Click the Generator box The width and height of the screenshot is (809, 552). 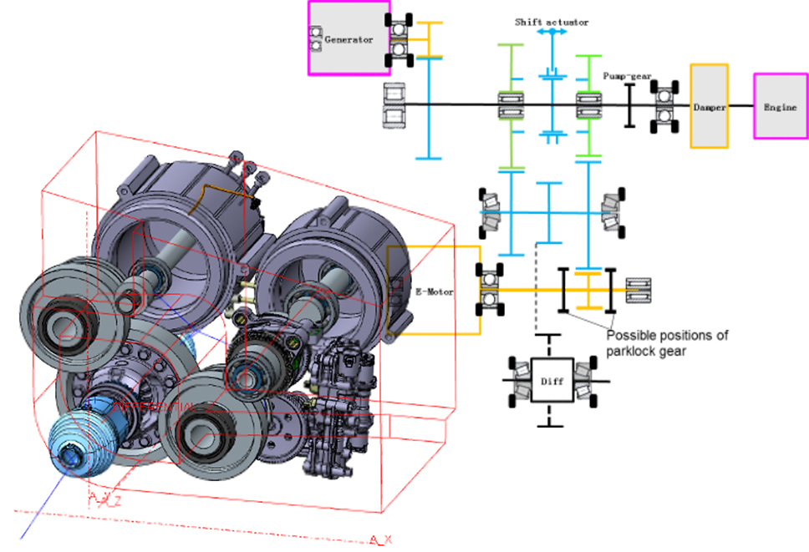(x=348, y=39)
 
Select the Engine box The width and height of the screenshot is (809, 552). (x=780, y=107)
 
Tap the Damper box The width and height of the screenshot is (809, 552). (x=709, y=107)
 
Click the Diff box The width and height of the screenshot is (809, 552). (x=551, y=382)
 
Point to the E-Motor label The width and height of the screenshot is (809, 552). (x=432, y=292)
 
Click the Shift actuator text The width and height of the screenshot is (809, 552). (x=552, y=22)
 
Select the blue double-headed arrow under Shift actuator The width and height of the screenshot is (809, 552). (x=552, y=33)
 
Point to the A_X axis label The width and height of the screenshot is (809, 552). (x=381, y=540)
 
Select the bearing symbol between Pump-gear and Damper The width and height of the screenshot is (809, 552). (x=665, y=106)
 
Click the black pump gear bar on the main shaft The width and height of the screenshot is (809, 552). (x=628, y=106)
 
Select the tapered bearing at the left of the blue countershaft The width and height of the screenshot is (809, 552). (x=492, y=212)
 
